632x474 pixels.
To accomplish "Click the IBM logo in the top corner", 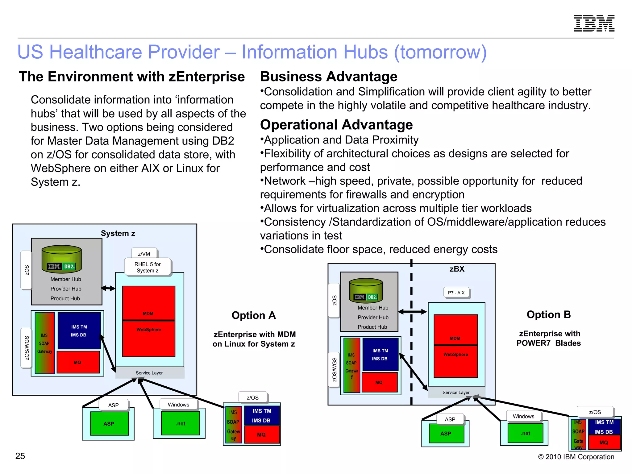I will pos(594,23).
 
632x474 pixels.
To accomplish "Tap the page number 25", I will pos(20,456).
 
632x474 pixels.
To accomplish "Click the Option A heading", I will pos(254,315).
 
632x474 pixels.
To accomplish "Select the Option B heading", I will pos(548,314).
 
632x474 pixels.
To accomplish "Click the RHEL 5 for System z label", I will pos(148,267).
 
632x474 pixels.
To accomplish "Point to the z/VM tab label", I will pos(144,254).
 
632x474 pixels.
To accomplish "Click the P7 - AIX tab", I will pos(456,293).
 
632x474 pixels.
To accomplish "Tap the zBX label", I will pos(457,269).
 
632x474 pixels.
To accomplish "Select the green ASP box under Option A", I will pos(109,424).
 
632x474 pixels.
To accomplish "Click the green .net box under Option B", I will pos(525,433).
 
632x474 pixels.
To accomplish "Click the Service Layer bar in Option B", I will pos(456,393).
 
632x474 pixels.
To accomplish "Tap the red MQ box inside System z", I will pos(78,362).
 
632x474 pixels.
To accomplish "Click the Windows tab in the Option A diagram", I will pos(178,405).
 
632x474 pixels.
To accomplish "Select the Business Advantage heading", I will pos(329,77).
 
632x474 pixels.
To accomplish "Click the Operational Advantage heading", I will pos(336,125).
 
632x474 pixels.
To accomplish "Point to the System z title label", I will pos(118,233).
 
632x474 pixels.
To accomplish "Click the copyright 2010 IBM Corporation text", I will pos(576,457).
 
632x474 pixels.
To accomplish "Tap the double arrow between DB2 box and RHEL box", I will pos(108,289).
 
